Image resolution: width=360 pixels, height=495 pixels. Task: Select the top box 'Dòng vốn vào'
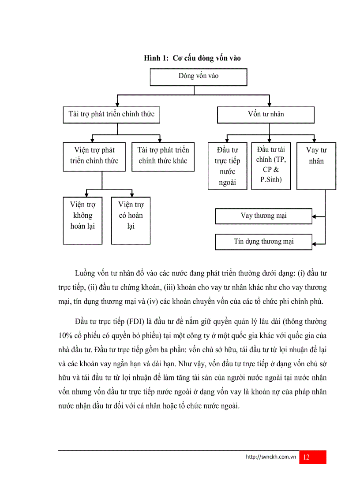click(198, 76)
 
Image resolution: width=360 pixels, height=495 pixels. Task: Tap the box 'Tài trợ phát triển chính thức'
click(111, 115)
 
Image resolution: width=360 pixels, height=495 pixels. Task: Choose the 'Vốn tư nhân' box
click(266, 115)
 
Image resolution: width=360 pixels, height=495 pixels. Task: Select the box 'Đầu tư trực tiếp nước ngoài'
click(227, 166)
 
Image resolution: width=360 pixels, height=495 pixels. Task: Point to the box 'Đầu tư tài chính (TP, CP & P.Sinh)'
click(271, 166)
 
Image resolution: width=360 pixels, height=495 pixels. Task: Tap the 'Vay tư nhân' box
click(316, 166)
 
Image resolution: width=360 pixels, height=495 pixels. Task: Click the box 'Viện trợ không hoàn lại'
click(82, 220)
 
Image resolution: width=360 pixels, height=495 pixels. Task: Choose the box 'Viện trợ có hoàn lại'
click(131, 220)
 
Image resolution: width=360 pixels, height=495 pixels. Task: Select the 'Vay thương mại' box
click(263, 216)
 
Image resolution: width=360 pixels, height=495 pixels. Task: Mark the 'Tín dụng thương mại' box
click(263, 242)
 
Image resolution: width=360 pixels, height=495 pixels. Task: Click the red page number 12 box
click(312, 457)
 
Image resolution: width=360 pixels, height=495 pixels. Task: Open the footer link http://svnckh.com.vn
click(270, 457)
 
